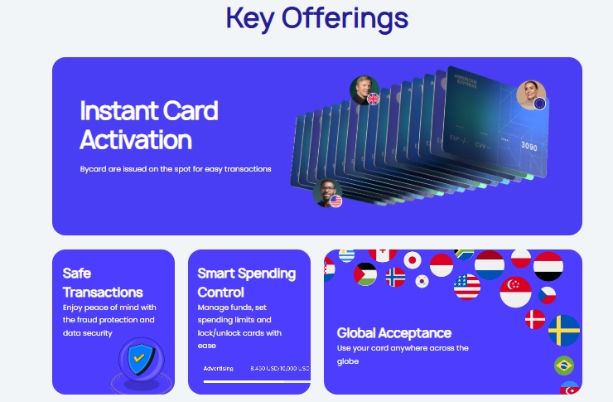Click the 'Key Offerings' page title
pos(317,17)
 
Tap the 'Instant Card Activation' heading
pos(148,124)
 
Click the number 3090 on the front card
pos(529,147)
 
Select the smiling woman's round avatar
pos(530,94)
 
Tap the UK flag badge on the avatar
pos(373,99)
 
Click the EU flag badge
pos(540,104)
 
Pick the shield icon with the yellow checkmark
pos(141,359)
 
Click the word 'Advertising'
pos(219,368)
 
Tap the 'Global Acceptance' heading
pos(393,332)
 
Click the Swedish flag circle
pos(564,330)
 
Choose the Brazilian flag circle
pos(564,366)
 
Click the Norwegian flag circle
pos(395,277)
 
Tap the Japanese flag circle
pos(413,260)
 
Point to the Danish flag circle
pos(536,319)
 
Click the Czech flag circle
pos(547,294)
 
